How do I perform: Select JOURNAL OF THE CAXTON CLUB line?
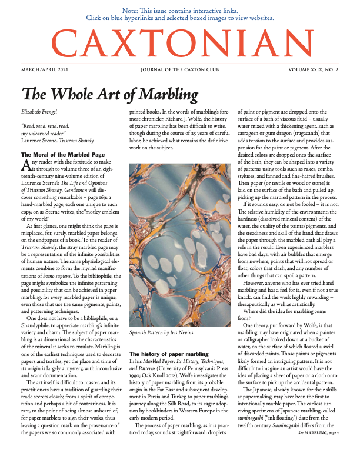tap(179, 69)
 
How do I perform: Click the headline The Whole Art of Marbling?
tap(109, 94)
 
